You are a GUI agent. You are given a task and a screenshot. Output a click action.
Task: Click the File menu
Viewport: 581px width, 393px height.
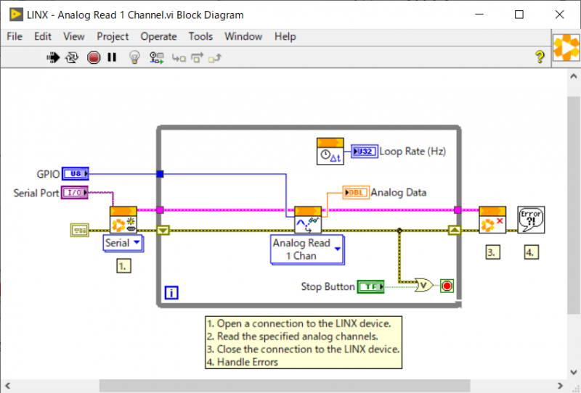pyautogui.click(x=15, y=36)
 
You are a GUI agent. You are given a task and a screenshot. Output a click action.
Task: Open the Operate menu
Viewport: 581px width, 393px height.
pyautogui.click(x=158, y=36)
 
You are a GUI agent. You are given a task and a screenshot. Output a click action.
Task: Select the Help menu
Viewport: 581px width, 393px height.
pyautogui.click(x=285, y=36)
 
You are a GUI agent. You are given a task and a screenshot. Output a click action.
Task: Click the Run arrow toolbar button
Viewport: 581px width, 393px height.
pyautogui.click(x=53, y=57)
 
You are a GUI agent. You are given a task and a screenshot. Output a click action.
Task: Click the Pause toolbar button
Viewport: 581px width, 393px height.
pyautogui.click(x=112, y=57)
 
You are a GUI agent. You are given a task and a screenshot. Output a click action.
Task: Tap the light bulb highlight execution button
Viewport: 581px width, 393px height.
pyautogui.click(x=134, y=57)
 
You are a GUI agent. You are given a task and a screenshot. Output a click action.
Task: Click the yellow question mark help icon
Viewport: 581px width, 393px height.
pyautogui.click(x=540, y=57)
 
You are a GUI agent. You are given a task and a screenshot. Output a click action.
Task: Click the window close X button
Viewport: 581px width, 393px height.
pyautogui.click(x=558, y=15)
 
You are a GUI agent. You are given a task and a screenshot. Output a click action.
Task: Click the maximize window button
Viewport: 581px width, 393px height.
pyautogui.click(x=519, y=15)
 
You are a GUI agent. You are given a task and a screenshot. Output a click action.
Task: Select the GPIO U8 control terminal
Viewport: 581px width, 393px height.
pyautogui.click(x=76, y=173)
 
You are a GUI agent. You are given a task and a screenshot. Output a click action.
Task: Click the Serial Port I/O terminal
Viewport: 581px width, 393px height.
pyautogui.click(x=76, y=192)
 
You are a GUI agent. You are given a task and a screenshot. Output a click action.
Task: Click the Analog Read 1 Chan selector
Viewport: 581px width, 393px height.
pyautogui.click(x=307, y=249)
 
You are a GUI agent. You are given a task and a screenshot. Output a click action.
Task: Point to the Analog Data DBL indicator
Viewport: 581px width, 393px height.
pyautogui.click(x=355, y=192)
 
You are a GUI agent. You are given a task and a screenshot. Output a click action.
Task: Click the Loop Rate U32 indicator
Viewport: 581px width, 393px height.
pyautogui.click(x=364, y=152)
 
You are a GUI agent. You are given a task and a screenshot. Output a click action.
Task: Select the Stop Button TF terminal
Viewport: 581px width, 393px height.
pyautogui.click(x=372, y=286)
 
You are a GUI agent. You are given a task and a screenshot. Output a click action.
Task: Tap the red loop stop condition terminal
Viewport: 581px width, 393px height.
pyautogui.click(x=447, y=286)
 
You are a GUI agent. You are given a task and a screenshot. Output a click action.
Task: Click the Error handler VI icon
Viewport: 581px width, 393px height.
pyautogui.click(x=531, y=219)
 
